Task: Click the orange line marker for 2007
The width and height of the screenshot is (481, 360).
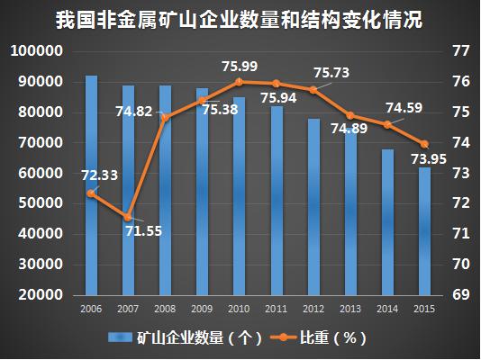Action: tap(128, 217)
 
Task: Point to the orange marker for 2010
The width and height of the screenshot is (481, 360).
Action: tap(239, 82)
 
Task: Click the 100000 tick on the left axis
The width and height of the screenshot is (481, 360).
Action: tap(37, 51)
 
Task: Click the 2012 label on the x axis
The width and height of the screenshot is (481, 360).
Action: tap(313, 309)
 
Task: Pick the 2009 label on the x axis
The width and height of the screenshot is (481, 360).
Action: tap(202, 309)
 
